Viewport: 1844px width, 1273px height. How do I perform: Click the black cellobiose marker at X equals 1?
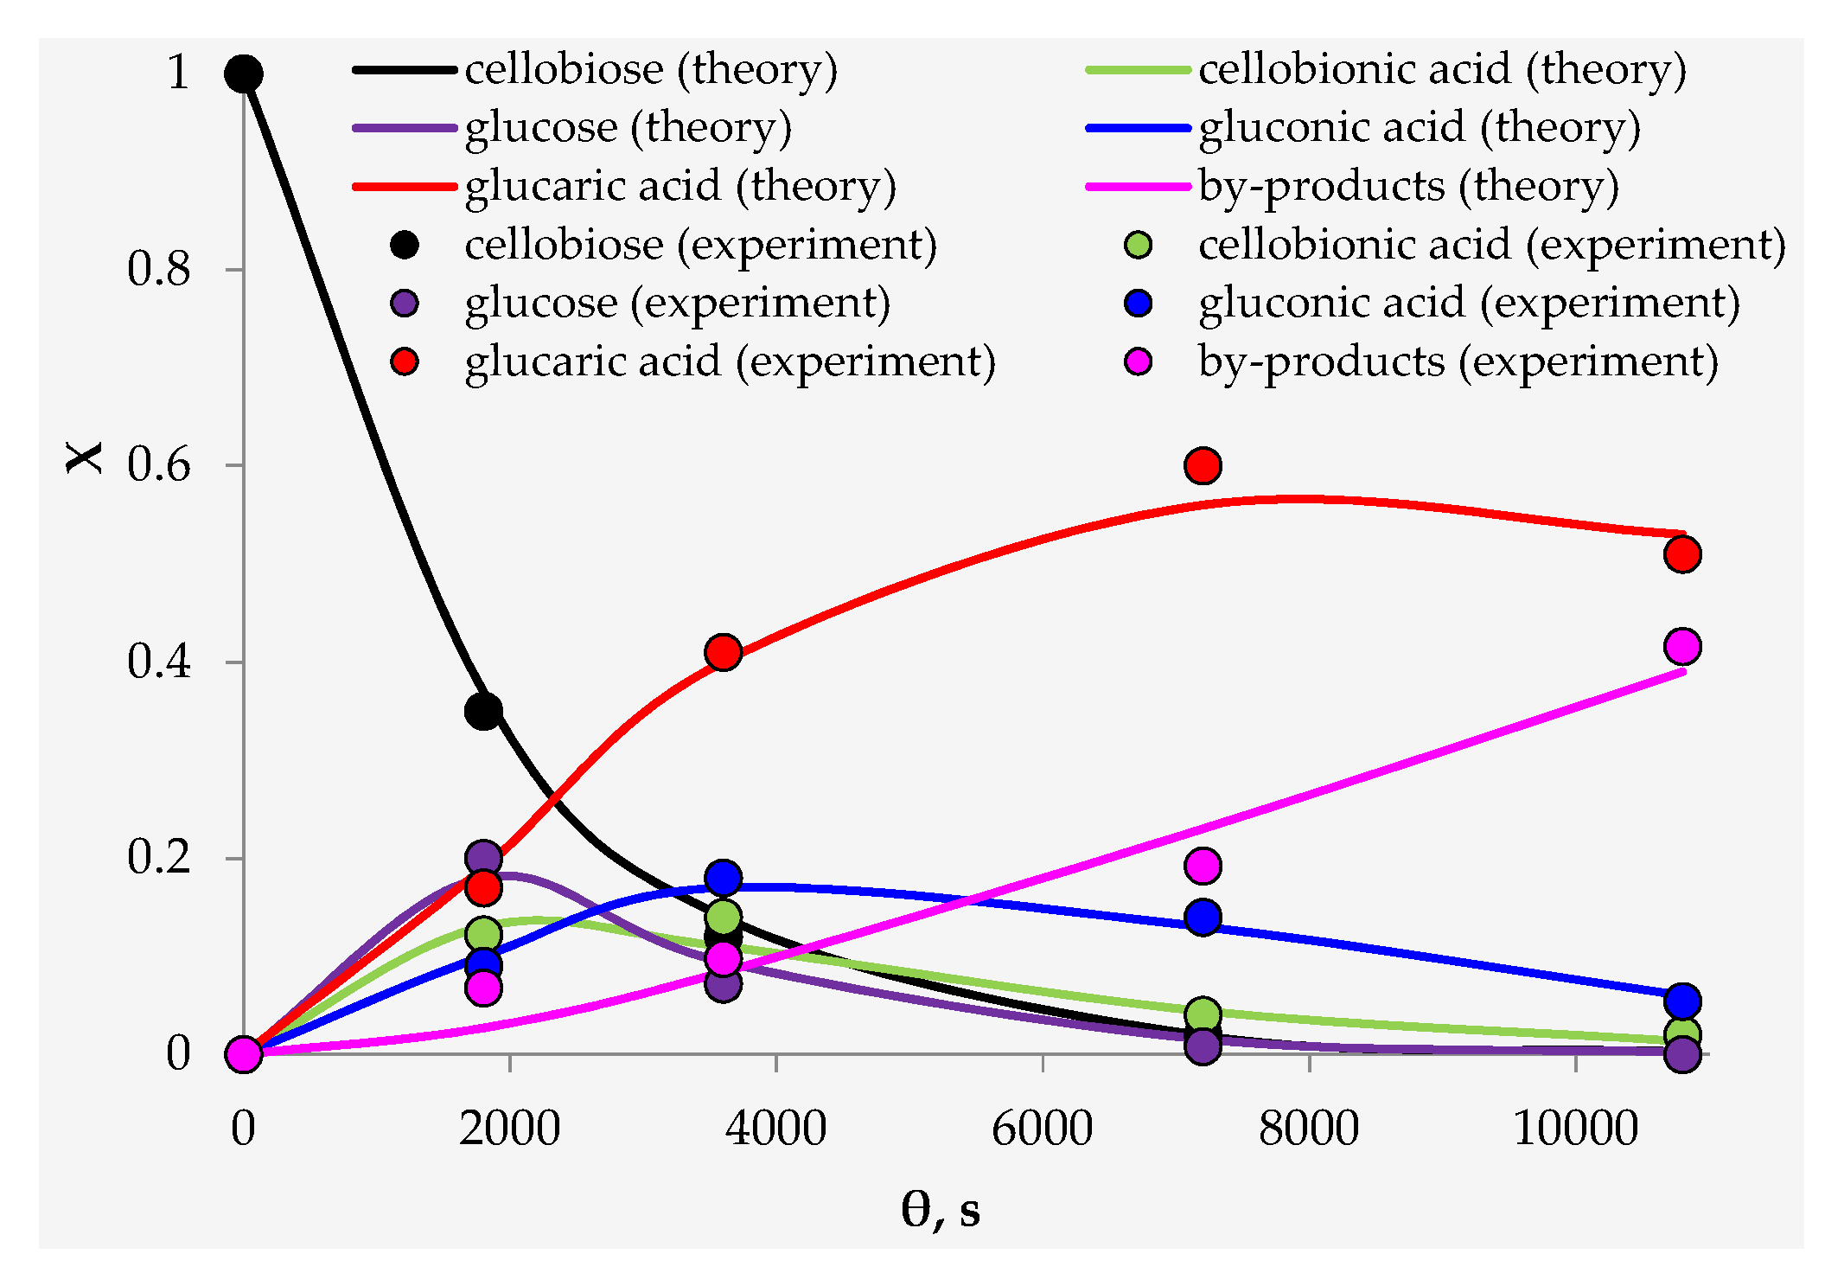(x=244, y=74)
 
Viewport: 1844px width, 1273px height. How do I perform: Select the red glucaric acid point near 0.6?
(x=1203, y=465)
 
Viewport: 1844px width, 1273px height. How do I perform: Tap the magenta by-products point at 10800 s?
(x=1682, y=646)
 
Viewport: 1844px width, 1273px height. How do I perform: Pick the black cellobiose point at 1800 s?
(x=483, y=711)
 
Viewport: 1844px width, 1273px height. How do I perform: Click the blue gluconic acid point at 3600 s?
(x=723, y=878)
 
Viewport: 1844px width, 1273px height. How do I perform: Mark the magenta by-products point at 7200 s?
(x=1203, y=865)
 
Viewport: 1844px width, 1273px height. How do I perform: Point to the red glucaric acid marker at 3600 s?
(x=723, y=652)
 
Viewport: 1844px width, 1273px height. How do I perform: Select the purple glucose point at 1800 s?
(x=483, y=858)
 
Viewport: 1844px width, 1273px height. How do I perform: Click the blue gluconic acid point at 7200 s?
(x=1203, y=917)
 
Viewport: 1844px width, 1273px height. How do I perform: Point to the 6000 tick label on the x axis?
(x=1042, y=1128)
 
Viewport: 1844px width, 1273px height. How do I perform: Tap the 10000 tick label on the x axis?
(x=1575, y=1128)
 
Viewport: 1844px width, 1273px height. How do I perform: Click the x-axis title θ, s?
(x=941, y=1208)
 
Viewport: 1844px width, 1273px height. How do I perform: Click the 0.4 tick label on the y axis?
(x=158, y=662)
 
